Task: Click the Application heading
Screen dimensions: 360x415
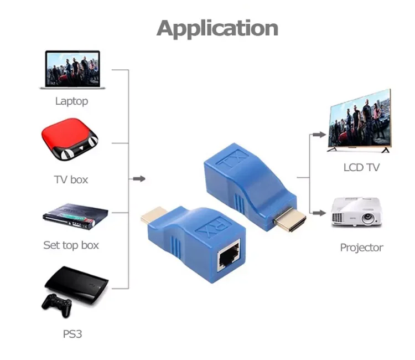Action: click(x=217, y=28)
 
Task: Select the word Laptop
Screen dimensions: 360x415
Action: click(x=71, y=101)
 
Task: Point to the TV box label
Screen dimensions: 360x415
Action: click(x=71, y=179)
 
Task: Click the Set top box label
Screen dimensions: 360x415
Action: click(x=71, y=245)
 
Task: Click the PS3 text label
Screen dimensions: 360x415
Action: click(x=72, y=335)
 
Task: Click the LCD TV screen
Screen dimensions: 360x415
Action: click(x=360, y=121)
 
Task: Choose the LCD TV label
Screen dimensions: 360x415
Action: click(x=361, y=167)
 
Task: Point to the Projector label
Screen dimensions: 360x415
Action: click(x=361, y=248)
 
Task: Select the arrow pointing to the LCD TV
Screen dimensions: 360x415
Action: click(x=317, y=134)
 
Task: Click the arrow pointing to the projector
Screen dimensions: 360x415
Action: click(x=317, y=212)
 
